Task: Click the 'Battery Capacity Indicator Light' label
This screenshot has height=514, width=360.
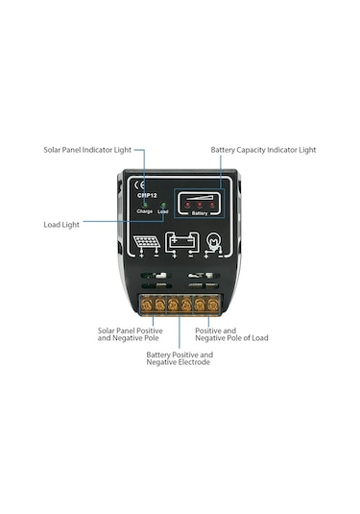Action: [x=262, y=150]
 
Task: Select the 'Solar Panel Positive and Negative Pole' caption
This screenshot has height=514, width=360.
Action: [x=130, y=334]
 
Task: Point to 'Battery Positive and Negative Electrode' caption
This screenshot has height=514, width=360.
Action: [x=179, y=358]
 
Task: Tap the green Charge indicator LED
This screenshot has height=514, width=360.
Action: [x=146, y=205]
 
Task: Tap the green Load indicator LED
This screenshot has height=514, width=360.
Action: [x=163, y=205]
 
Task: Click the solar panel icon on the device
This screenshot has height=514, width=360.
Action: [x=147, y=242]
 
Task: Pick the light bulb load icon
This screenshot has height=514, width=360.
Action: [x=216, y=242]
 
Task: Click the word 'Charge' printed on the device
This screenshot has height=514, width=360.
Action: [x=146, y=211]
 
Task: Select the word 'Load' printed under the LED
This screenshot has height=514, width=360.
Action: [x=163, y=211]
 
